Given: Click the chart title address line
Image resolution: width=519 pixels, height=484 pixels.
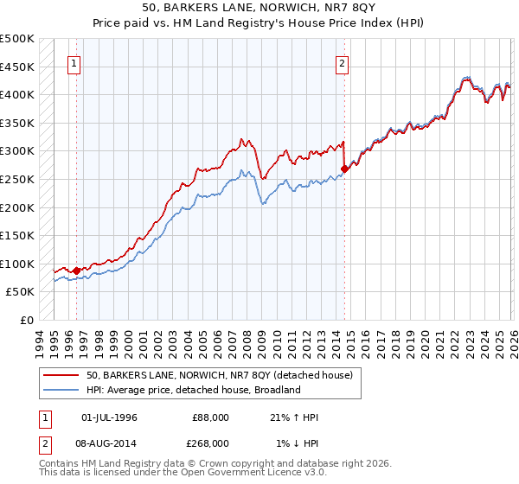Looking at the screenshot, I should point(259,8).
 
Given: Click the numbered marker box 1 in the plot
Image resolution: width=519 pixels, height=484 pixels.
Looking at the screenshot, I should point(74,62).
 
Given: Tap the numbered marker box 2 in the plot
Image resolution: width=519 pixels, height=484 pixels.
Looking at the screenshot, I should point(343,62).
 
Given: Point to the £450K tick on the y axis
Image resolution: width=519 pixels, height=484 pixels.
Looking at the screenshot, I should point(17,67).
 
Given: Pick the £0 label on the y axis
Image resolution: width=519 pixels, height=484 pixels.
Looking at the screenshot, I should point(27,320).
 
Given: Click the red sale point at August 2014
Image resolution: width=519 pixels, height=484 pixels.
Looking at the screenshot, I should point(344,169).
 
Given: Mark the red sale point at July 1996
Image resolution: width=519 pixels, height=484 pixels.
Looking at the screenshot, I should point(76,271).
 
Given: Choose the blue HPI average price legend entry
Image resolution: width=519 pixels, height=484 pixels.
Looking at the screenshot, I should point(193,391).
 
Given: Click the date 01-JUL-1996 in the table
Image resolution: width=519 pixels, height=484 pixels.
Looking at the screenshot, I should point(109,417).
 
